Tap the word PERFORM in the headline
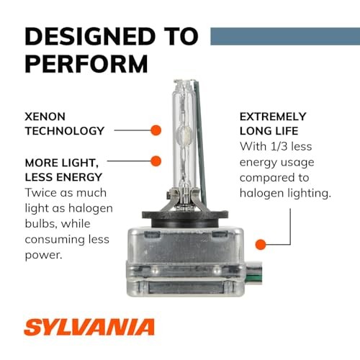(87, 63)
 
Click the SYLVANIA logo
(91, 328)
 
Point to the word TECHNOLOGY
(65, 131)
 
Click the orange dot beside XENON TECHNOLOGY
(154, 131)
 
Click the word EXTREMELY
(272, 116)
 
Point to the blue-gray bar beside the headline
(284, 35)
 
